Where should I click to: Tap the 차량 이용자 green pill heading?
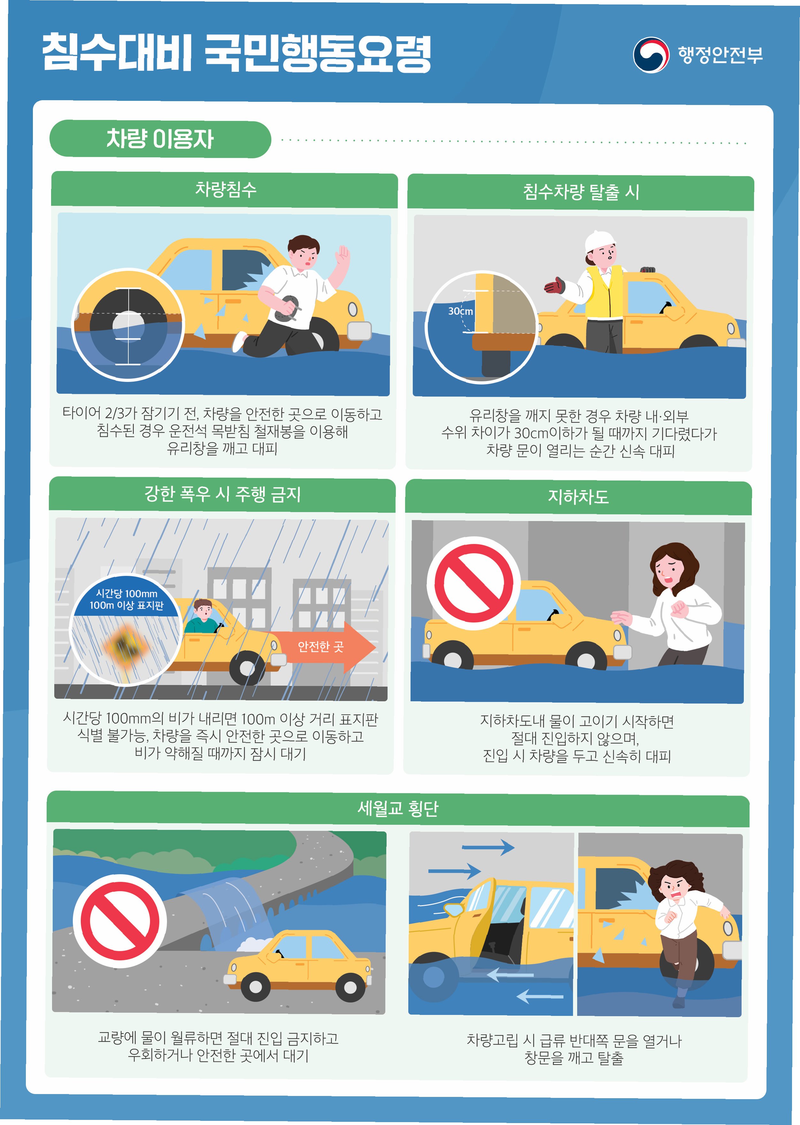(160, 139)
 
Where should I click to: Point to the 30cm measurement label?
(460, 311)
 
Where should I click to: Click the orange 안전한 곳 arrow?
(322, 647)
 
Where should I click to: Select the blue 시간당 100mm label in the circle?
(126, 599)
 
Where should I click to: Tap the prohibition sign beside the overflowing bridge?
(120, 921)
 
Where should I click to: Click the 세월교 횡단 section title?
(398, 808)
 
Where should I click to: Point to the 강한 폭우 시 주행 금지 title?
(223, 494)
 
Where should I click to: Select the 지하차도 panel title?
(578, 496)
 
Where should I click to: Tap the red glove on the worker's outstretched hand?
(555, 286)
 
